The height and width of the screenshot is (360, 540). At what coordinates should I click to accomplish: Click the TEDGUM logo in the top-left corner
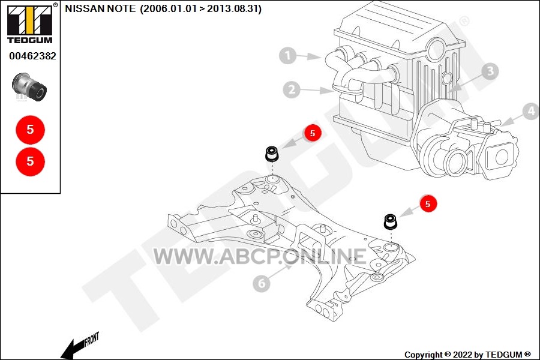click(x=30, y=23)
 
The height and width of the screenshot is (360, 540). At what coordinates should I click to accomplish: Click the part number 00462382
click(x=33, y=56)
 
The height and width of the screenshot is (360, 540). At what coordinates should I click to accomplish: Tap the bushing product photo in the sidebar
click(x=29, y=87)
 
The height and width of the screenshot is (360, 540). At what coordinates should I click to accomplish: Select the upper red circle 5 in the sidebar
click(x=31, y=130)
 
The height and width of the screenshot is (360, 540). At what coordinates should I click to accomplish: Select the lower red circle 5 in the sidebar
click(x=31, y=161)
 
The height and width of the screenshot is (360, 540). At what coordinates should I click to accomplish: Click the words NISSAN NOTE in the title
click(x=100, y=8)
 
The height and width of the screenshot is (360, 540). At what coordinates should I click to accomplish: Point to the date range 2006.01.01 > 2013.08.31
click(x=200, y=8)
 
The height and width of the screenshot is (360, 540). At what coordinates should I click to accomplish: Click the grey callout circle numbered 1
click(x=288, y=55)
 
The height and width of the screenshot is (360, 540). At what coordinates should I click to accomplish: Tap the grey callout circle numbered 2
click(x=292, y=89)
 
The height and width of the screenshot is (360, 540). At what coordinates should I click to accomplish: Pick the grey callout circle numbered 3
click(x=490, y=71)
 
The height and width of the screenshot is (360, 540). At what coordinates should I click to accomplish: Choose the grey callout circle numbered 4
click(x=531, y=111)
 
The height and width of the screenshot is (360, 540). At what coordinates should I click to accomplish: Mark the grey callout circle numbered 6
click(x=262, y=283)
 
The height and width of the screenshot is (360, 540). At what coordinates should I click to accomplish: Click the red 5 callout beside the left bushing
click(x=313, y=133)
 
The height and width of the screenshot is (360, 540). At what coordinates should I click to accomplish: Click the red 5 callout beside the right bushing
click(x=428, y=203)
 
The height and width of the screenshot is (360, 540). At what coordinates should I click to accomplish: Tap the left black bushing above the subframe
click(x=272, y=154)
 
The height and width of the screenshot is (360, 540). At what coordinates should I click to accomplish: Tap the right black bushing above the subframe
click(x=391, y=221)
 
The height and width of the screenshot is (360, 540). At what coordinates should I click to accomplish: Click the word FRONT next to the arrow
click(x=92, y=338)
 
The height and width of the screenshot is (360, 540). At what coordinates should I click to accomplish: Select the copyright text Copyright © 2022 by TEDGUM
click(x=467, y=355)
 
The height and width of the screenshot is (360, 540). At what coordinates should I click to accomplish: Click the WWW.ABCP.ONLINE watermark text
click(x=260, y=257)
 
